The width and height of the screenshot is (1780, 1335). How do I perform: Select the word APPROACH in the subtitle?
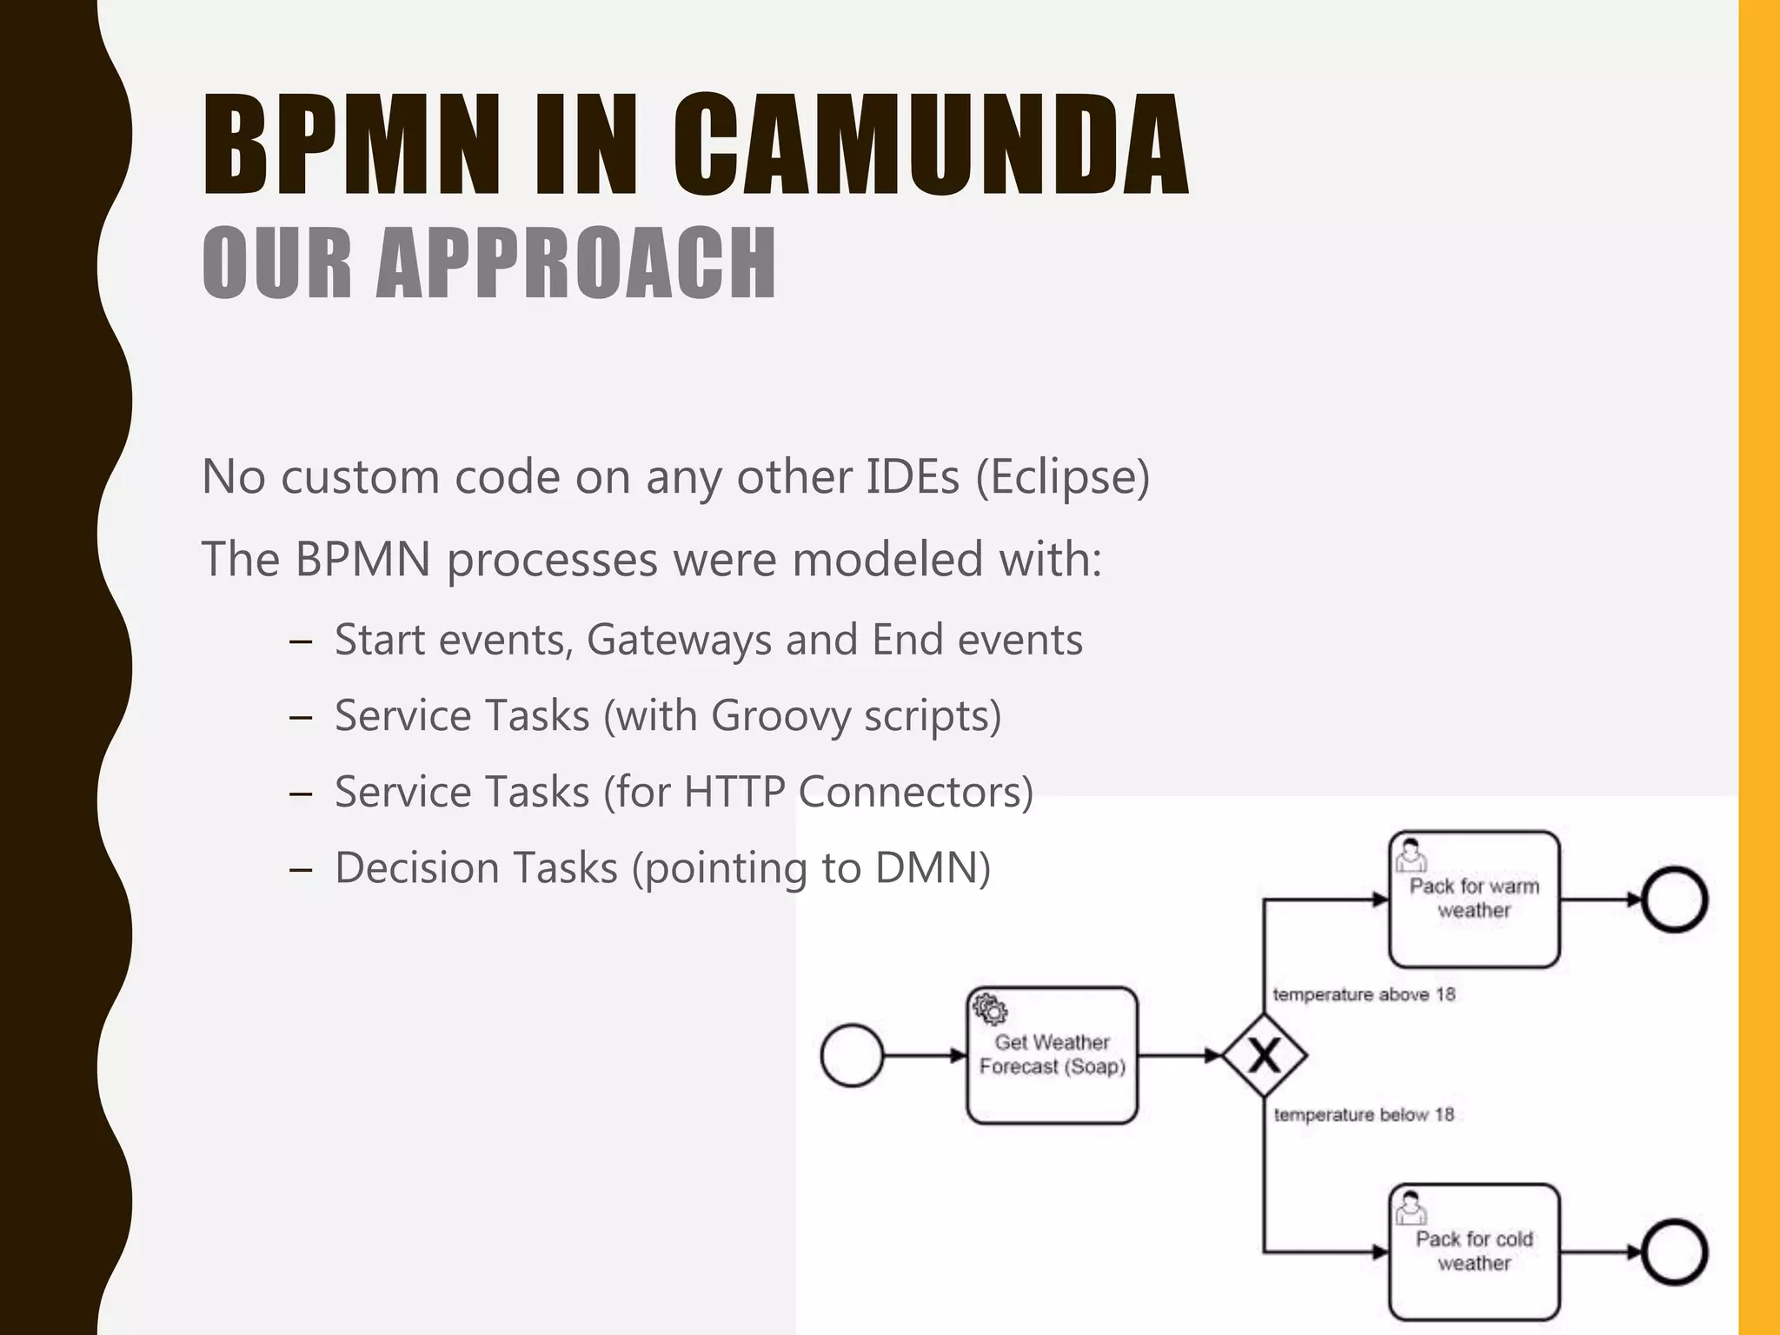click(575, 262)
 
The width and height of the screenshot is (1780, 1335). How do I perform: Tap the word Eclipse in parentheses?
click(1062, 477)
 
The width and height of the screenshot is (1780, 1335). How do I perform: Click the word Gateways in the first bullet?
click(679, 641)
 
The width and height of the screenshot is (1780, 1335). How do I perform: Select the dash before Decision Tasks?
click(301, 869)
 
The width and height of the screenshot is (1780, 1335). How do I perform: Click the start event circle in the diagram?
click(852, 1055)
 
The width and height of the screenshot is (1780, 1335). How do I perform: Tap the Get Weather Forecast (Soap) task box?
click(1052, 1055)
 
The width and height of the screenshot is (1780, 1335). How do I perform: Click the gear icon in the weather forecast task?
click(990, 1010)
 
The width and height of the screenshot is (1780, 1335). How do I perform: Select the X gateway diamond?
click(1264, 1055)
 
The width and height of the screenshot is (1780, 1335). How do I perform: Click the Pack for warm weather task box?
click(1474, 899)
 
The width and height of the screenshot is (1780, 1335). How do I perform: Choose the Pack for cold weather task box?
click(1474, 1252)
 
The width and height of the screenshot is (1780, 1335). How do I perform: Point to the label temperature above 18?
click(1363, 994)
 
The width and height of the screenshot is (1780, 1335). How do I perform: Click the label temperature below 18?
click(1363, 1114)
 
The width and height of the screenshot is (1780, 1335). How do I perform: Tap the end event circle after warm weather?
click(1675, 900)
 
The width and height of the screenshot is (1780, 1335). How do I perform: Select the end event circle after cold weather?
click(1675, 1252)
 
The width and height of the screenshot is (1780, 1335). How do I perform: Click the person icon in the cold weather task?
click(1410, 1207)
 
